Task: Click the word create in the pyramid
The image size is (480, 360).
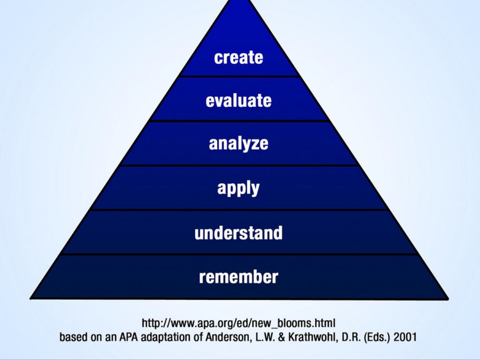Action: coord(239,58)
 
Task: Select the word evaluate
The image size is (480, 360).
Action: coord(239,100)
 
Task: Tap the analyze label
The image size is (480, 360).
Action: coord(239,143)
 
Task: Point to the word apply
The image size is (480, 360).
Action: coord(239,188)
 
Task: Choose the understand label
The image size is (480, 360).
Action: coord(239,232)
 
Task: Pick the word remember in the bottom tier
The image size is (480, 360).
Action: coord(239,277)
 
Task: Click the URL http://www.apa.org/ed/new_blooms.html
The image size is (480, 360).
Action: coord(239,323)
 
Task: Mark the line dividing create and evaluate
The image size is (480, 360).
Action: coord(239,76)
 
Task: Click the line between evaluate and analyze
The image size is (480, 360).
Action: coord(239,120)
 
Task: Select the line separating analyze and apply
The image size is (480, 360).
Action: coord(239,165)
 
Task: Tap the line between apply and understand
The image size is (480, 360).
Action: coord(239,210)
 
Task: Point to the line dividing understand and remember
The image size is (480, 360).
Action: coord(239,254)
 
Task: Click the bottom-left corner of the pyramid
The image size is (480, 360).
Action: coord(30,299)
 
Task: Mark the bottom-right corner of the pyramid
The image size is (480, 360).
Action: coord(448,299)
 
